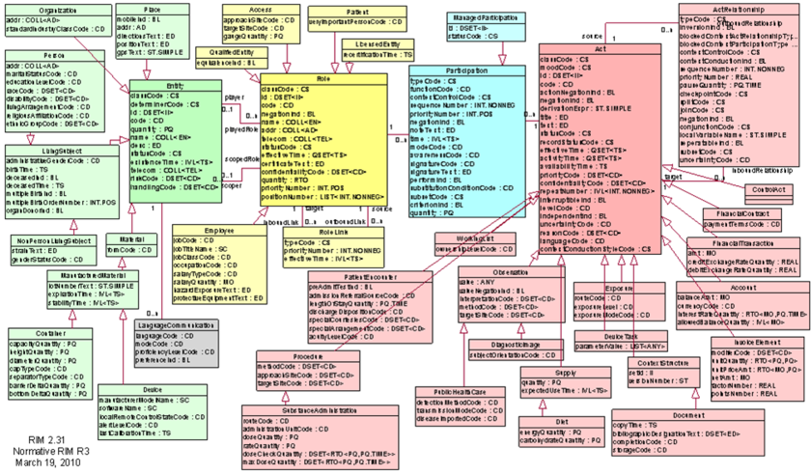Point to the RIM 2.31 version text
(x=36, y=439)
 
